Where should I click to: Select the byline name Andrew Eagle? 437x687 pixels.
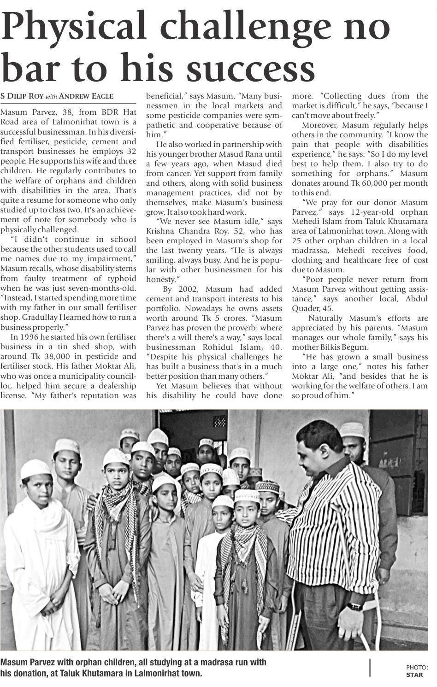86,96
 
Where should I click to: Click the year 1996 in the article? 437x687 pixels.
30,337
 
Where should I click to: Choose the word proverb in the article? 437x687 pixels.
240,328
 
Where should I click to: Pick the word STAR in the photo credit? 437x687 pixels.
414,675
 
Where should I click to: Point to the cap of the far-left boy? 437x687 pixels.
35,469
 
